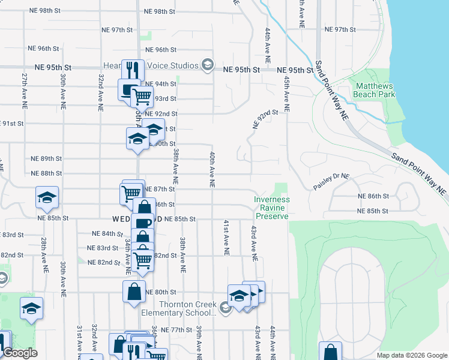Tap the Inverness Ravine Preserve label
pyautogui.click(x=272, y=208)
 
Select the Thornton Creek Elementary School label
pyautogui.click(x=178, y=308)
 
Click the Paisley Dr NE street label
pyautogui.click(x=331, y=182)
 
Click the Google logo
pyautogui.click(x=19, y=353)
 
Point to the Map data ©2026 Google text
pyautogui.click(x=411, y=355)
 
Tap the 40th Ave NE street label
pyautogui.click(x=212, y=169)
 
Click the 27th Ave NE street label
pyautogui.click(x=24, y=91)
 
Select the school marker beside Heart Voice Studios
pyautogui.click(x=208, y=65)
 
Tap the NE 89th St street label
pyautogui.click(x=46, y=158)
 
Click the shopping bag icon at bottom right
pyautogui.click(x=330, y=352)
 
